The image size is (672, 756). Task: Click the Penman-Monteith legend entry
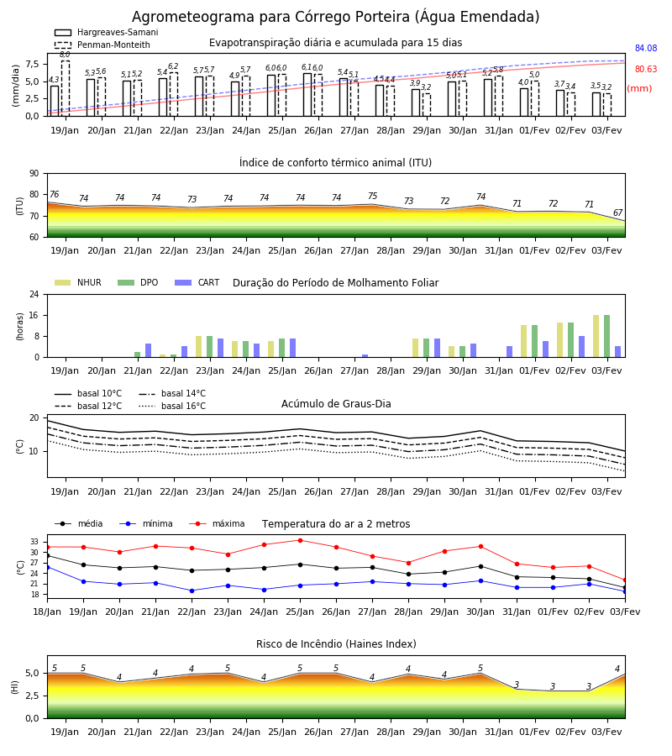[102, 45]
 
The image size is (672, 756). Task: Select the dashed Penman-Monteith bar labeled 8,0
[65, 88]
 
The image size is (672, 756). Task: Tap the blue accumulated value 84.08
[646, 48]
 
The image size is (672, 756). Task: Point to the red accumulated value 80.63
[646, 69]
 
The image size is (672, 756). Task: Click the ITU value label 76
[54, 194]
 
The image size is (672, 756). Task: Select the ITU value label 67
[617, 213]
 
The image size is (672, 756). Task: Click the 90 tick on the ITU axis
[34, 174]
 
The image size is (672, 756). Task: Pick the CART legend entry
[197, 282]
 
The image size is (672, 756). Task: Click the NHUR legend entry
[78, 282]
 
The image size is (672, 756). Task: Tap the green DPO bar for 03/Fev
[607, 336]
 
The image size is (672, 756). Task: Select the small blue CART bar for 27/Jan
[365, 356]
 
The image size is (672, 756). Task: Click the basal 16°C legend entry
[172, 406]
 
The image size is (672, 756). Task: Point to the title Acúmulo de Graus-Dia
[336, 404]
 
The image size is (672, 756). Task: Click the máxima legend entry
[217, 523]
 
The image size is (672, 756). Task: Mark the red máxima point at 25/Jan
[301, 540]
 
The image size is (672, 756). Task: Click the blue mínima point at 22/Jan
[192, 591]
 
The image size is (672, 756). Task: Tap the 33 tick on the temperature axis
[34, 542]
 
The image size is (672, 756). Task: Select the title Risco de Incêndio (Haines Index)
[336, 644]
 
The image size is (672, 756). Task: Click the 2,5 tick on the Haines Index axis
[32, 696]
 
